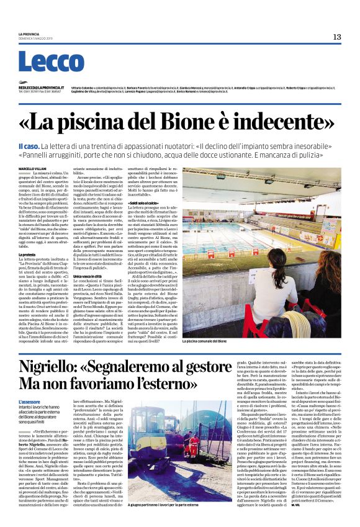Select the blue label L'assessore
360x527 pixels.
tap(29, 402)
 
